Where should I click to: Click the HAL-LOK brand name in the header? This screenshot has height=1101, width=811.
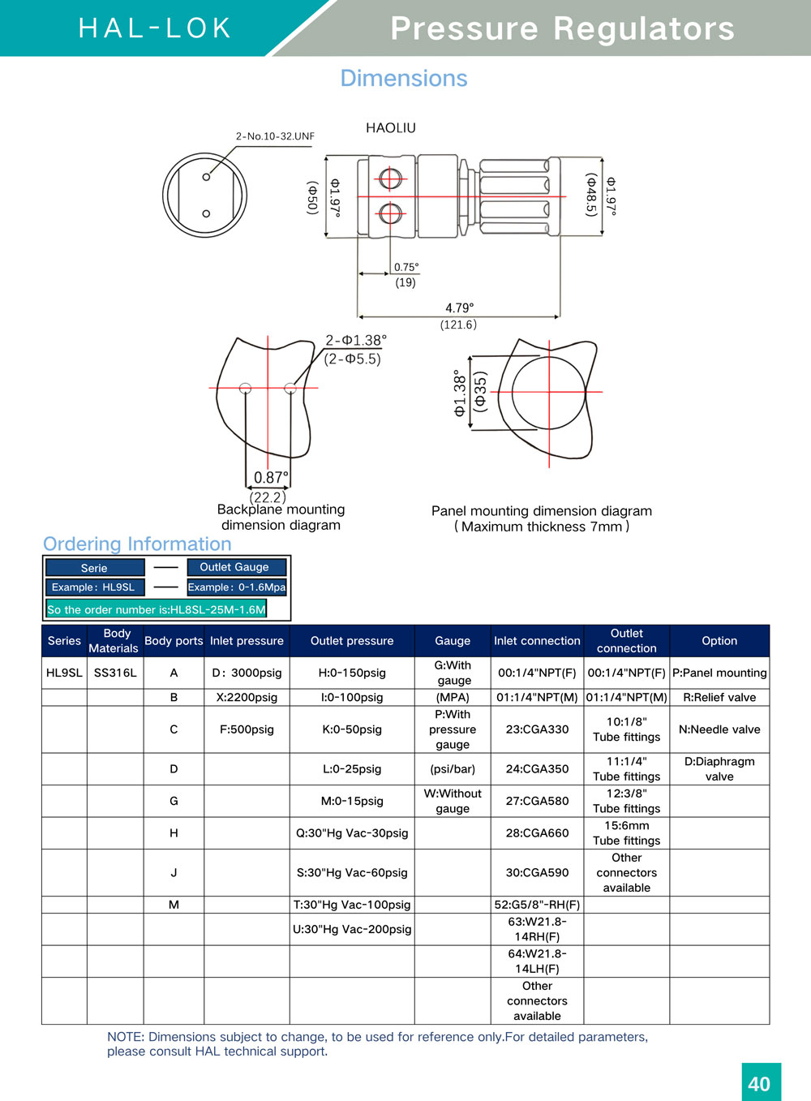click(x=155, y=28)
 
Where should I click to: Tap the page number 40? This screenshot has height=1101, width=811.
click(x=760, y=1084)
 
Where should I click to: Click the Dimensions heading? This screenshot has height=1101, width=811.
click(x=404, y=79)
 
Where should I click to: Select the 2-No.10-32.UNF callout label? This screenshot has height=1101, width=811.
click(x=275, y=136)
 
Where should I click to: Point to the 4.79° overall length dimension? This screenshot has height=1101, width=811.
click(x=459, y=308)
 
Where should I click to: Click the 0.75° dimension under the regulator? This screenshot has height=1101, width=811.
click(x=406, y=267)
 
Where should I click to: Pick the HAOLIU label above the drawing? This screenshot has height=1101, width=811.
click(x=390, y=128)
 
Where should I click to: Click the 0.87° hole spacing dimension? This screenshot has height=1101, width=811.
click(x=271, y=478)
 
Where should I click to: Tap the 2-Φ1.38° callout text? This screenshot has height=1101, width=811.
click(x=356, y=340)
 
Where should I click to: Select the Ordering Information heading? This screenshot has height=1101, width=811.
click(x=137, y=544)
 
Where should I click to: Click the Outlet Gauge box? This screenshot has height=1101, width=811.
click(x=236, y=567)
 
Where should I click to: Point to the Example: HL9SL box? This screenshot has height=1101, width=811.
click(x=94, y=587)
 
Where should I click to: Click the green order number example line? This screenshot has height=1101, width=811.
click(x=157, y=609)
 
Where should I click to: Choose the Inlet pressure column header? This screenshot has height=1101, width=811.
click(x=247, y=641)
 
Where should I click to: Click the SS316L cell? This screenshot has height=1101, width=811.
click(x=115, y=673)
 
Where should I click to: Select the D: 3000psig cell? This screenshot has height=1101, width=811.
click(x=247, y=673)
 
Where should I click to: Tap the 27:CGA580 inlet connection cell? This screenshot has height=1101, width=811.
click(x=537, y=801)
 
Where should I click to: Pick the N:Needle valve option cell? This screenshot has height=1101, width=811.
click(x=719, y=729)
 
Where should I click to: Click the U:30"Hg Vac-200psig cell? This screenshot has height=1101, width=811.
click(x=352, y=929)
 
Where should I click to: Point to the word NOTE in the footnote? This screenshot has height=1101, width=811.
click(x=125, y=1037)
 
